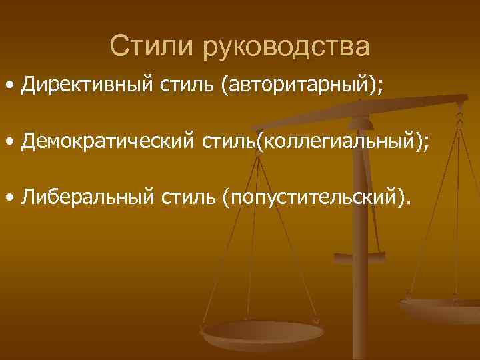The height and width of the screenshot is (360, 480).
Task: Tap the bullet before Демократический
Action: [10, 143]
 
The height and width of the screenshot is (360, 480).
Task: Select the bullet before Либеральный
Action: [10, 198]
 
